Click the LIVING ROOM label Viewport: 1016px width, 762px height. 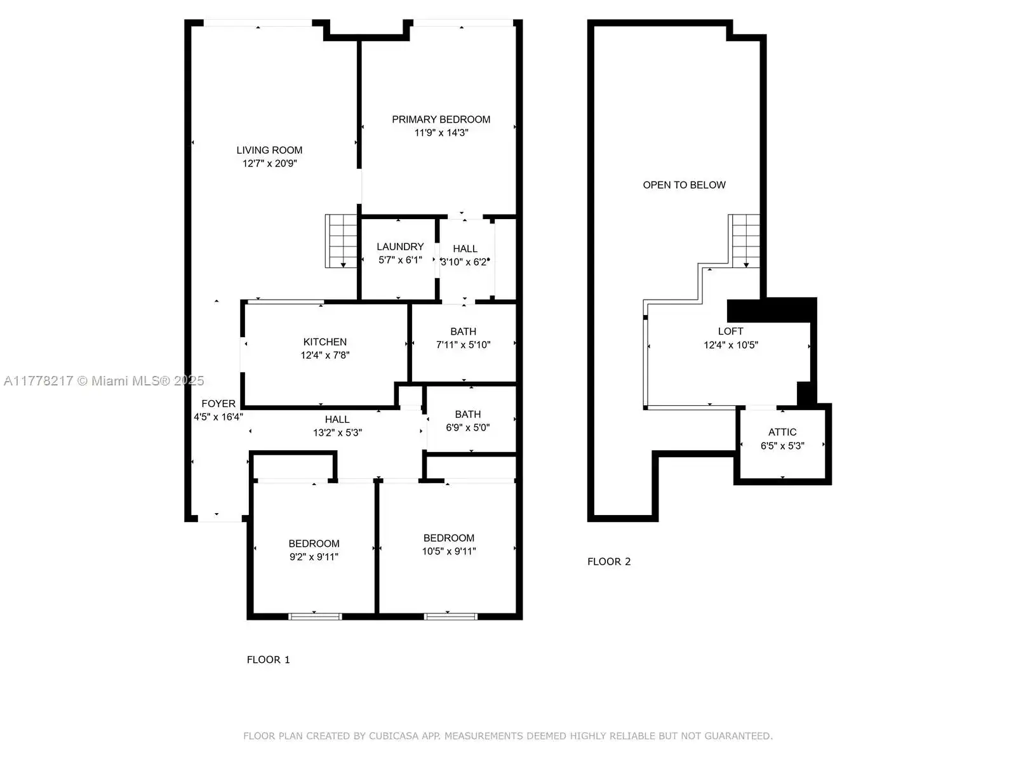pos(269,150)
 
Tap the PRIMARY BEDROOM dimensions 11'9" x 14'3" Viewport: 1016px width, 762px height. pos(441,133)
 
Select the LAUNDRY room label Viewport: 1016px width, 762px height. pos(400,246)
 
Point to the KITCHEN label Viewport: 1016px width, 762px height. pos(325,342)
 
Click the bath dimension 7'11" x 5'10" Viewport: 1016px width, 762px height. pos(464,345)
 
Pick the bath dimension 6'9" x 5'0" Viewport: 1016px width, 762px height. pos(467,427)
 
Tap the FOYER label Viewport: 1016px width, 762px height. pos(218,403)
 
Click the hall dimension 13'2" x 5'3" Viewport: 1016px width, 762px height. pos(337,432)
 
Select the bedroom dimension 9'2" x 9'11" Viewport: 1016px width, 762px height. pos(314,557)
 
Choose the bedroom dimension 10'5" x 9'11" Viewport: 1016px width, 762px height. pos(449,551)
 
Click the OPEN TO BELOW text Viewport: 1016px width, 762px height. pos(684,185)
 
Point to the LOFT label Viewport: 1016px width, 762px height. pos(730,331)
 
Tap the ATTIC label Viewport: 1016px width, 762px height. pos(782,432)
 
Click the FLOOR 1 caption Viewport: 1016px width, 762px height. pos(269,660)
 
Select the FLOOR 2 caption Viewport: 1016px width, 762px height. pos(609,562)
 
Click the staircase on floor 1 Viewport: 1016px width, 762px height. pos(341,241)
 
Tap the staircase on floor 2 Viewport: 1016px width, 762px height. pos(744,241)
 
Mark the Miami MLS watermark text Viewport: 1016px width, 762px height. pos(104,381)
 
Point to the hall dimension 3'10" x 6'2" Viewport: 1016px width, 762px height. pos(464,262)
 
